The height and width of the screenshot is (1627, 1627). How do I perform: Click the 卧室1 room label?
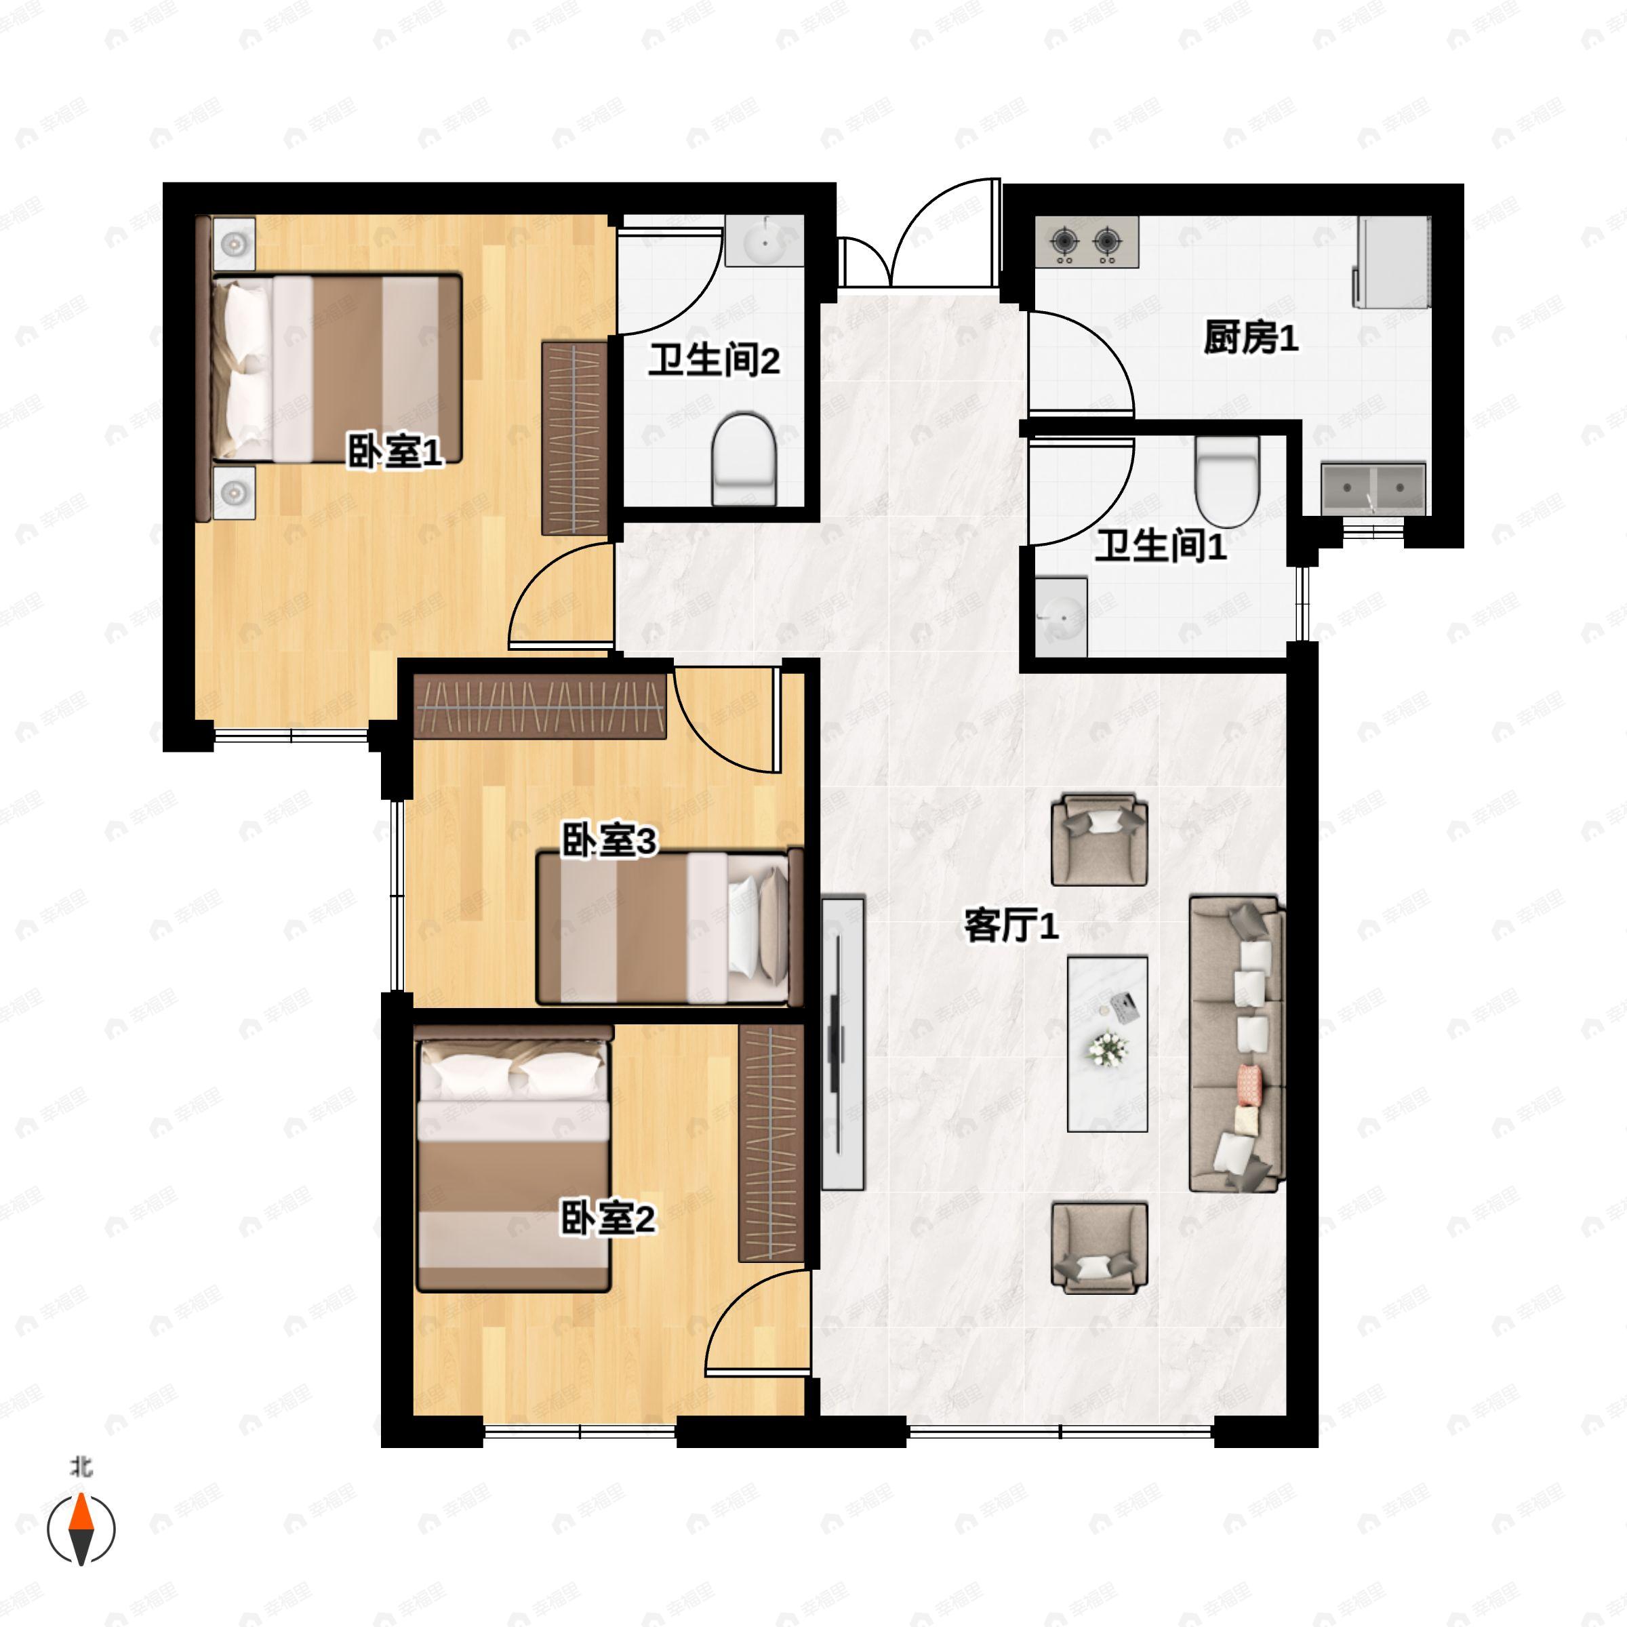tap(395, 452)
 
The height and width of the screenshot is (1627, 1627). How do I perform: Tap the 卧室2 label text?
tap(608, 1219)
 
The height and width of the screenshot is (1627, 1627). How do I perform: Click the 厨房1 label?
tap(1251, 338)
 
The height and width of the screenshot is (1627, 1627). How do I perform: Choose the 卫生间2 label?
tap(714, 361)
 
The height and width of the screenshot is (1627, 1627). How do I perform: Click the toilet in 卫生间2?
tap(744, 459)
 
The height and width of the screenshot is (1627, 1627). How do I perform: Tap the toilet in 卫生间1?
tap(1227, 481)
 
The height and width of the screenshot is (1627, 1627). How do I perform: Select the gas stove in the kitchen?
tap(1086, 243)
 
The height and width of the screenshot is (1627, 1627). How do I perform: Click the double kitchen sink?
tap(1373, 487)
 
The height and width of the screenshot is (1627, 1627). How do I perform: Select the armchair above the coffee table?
tap(1100, 840)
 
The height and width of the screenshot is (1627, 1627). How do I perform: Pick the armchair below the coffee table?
tap(1100, 1247)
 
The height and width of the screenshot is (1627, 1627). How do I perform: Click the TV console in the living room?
tap(843, 1043)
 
